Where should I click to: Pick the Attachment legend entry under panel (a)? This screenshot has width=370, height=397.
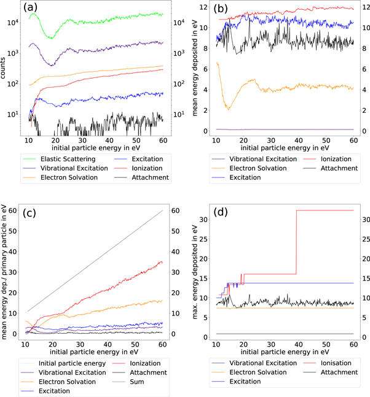click(148, 178)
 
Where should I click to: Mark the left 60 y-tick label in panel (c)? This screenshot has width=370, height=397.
click(14, 210)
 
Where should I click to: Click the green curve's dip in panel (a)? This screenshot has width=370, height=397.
click(50, 39)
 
